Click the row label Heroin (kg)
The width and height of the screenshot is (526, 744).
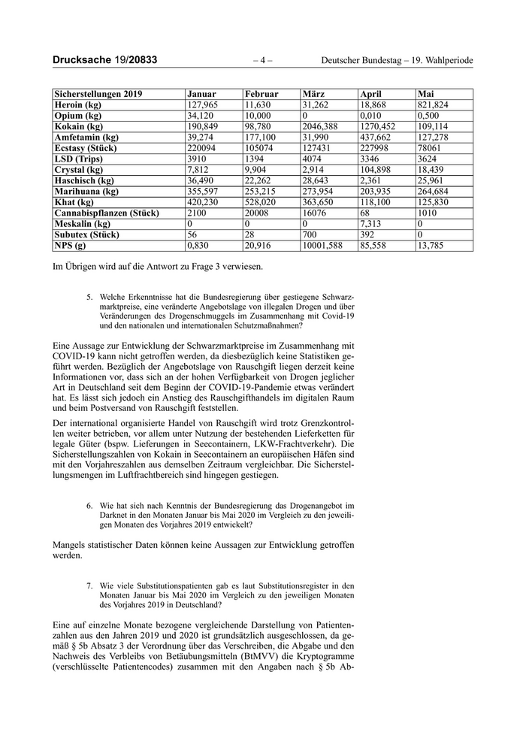point(79,105)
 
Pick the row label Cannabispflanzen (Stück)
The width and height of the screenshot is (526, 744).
point(106,213)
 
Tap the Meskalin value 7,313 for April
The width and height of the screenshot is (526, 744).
point(371,224)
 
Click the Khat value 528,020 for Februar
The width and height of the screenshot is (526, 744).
point(260,203)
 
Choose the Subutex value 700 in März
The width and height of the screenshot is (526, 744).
point(309,235)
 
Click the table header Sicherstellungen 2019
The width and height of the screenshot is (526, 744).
point(98,94)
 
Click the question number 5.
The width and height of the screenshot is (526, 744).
point(89,297)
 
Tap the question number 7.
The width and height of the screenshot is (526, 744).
point(89,584)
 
